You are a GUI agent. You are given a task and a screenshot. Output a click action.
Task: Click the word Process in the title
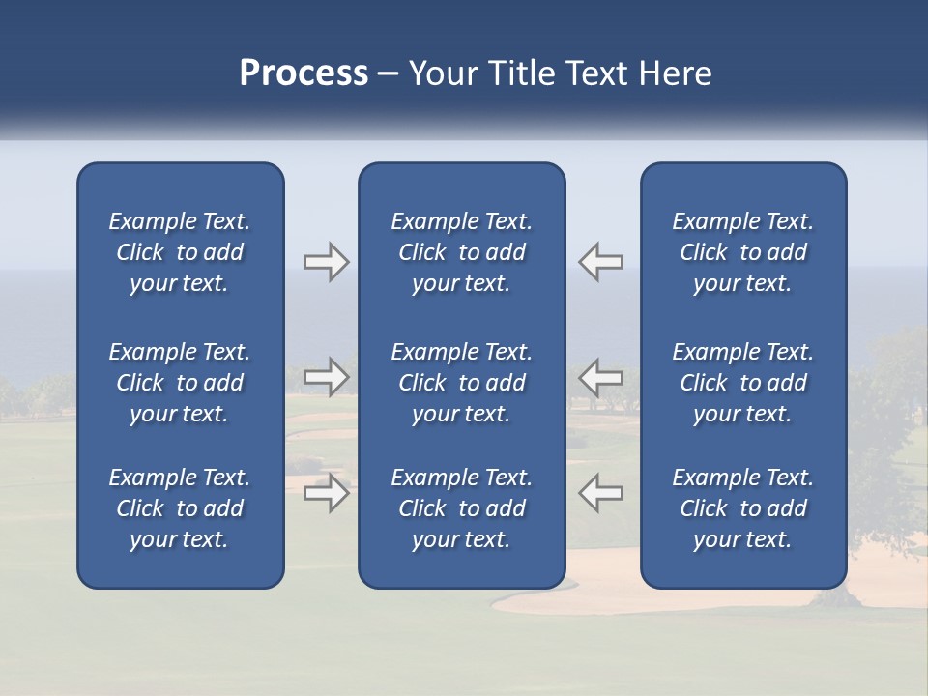tap(304, 73)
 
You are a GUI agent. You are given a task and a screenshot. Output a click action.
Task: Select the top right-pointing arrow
tap(326, 262)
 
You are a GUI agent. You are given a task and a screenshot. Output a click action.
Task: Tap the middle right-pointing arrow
tap(326, 376)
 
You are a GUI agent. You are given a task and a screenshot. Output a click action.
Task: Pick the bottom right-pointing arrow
tap(326, 493)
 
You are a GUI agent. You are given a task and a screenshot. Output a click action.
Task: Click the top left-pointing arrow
tap(600, 262)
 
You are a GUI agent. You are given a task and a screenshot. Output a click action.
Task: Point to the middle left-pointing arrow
tap(600, 376)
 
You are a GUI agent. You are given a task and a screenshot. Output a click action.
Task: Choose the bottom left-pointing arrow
tap(600, 493)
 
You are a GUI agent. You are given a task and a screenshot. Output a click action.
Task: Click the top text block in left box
tap(180, 252)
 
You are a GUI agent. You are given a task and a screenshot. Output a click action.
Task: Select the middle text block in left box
tap(180, 383)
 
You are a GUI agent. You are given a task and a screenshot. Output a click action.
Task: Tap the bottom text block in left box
tap(180, 508)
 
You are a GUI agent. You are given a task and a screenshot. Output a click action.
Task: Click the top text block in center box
tap(461, 252)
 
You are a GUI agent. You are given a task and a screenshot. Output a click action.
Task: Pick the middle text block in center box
tap(461, 383)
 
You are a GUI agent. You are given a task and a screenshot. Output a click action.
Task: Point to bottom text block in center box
tap(461, 508)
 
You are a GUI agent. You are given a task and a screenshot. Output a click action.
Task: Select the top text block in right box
tap(742, 252)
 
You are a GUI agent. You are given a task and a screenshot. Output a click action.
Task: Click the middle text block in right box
tap(742, 383)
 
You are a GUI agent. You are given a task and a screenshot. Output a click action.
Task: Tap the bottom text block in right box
tap(742, 508)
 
